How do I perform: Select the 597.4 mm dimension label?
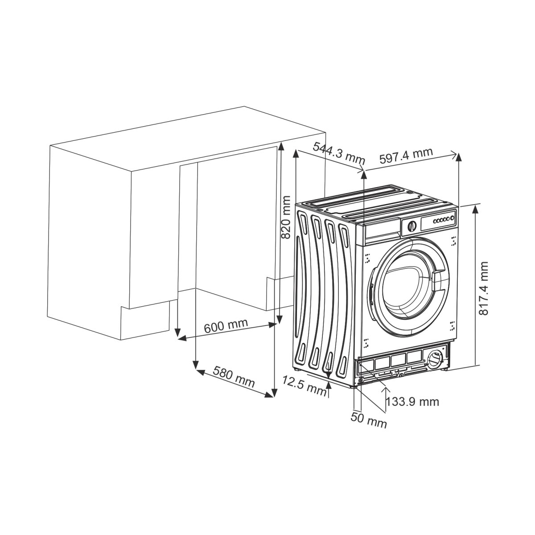(x=406, y=155)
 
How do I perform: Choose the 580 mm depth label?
(x=234, y=376)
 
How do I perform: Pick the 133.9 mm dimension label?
(x=412, y=402)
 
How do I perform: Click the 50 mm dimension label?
(x=369, y=420)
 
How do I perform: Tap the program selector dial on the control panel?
(x=411, y=226)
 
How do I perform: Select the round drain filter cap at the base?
(x=433, y=358)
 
